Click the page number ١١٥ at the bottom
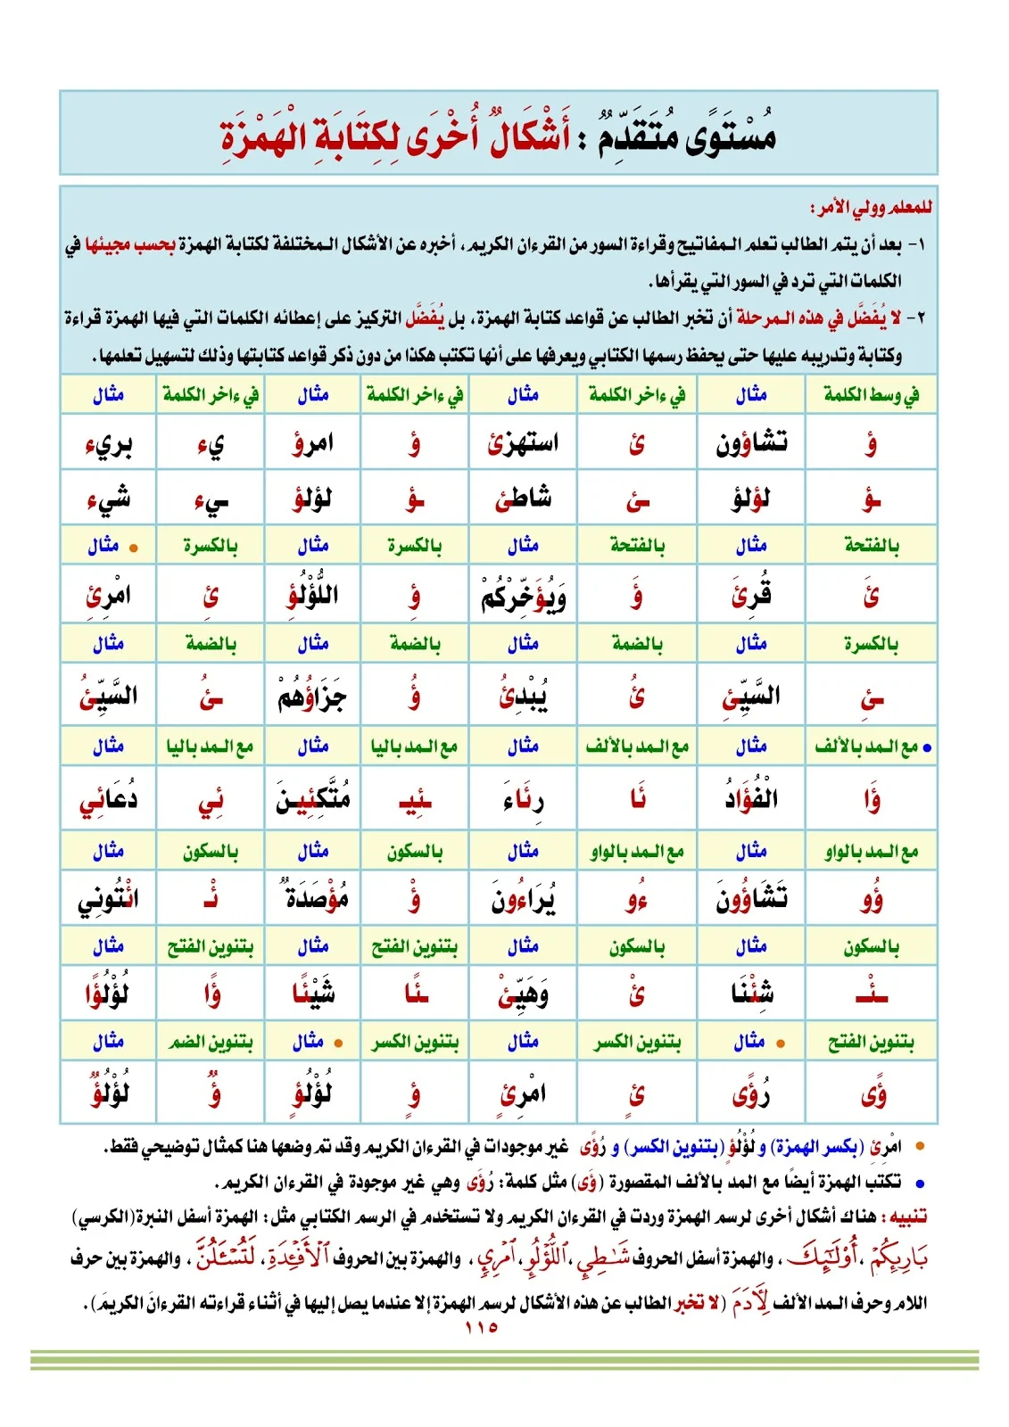point(481,1327)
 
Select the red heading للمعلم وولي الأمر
point(871,208)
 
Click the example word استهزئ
point(524,442)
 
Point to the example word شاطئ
point(524,499)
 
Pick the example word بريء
point(109,444)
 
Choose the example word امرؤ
point(313,442)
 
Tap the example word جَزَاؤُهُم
point(312,697)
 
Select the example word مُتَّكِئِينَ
point(312,798)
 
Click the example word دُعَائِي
point(109,799)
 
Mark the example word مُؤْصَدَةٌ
point(312,897)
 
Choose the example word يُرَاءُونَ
point(524,899)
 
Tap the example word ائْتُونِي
point(109,899)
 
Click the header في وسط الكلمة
point(871,394)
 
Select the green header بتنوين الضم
point(211,1042)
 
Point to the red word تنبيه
point(905,1217)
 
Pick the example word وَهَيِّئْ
point(524,994)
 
